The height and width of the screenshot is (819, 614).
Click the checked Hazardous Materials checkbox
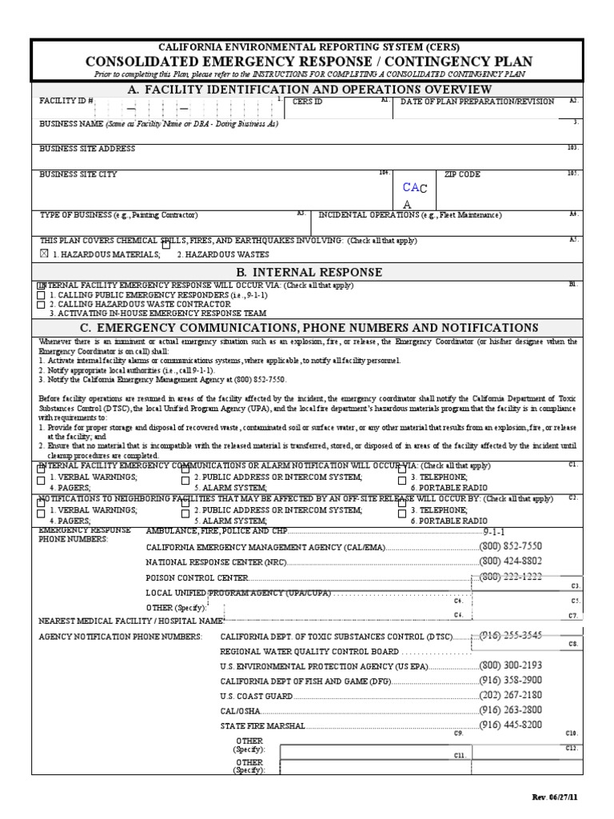(x=44, y=254)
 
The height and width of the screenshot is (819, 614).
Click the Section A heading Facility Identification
(x=306, y=88)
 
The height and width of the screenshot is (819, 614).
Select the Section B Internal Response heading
(x=306, y=272)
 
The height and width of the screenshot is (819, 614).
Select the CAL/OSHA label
(x=239, y=711)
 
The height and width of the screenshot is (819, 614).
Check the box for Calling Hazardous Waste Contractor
(x=42, y=304)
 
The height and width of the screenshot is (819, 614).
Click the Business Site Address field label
(x=87, y=149)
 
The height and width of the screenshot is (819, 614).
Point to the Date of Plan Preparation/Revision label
(x=476, y=102)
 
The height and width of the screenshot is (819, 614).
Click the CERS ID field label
(x=308, y=102)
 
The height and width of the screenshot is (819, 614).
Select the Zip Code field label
(x=457, y=174)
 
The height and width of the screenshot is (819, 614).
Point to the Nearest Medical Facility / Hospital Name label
(x=131, y=620)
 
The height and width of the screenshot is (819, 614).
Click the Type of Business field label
(x=118, y=215)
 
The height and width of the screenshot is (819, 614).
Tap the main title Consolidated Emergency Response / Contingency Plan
(x=306, y=62)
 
